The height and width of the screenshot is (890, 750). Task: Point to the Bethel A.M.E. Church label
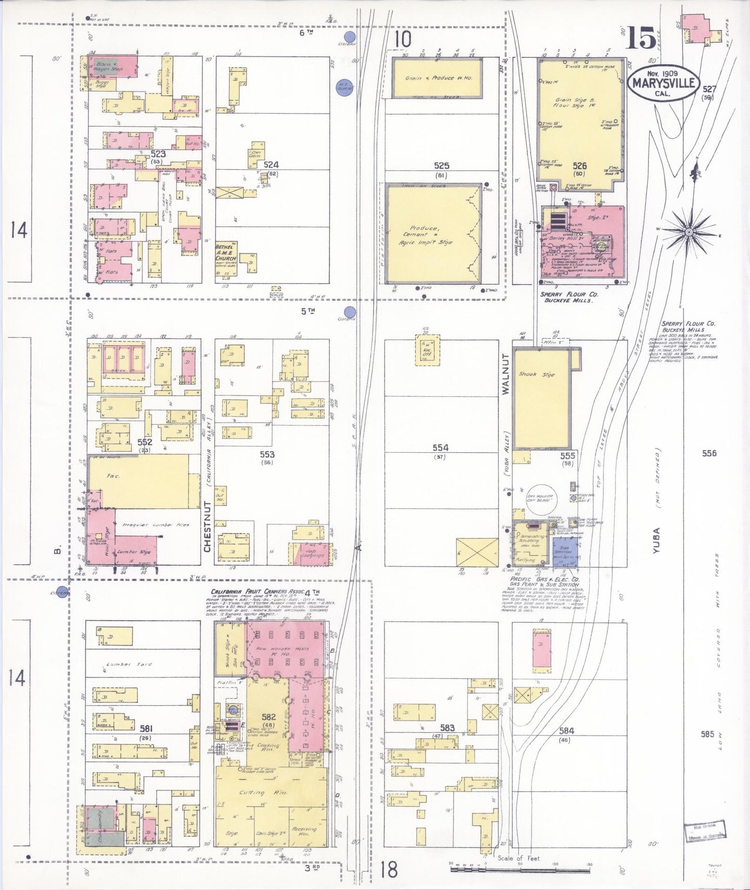coord(226,252)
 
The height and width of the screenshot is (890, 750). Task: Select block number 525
coord(441,166)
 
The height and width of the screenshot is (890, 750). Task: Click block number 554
coord(440,448)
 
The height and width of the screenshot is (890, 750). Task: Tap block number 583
coord(447,728)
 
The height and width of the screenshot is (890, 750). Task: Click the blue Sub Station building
coord(565,551)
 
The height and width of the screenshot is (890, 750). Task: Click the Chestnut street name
coord(208,527)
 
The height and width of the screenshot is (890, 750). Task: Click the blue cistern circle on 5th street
coord(350,313)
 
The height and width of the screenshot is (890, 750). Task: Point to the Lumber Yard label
coord(122,664)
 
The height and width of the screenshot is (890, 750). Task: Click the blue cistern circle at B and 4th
coord(63,591)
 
